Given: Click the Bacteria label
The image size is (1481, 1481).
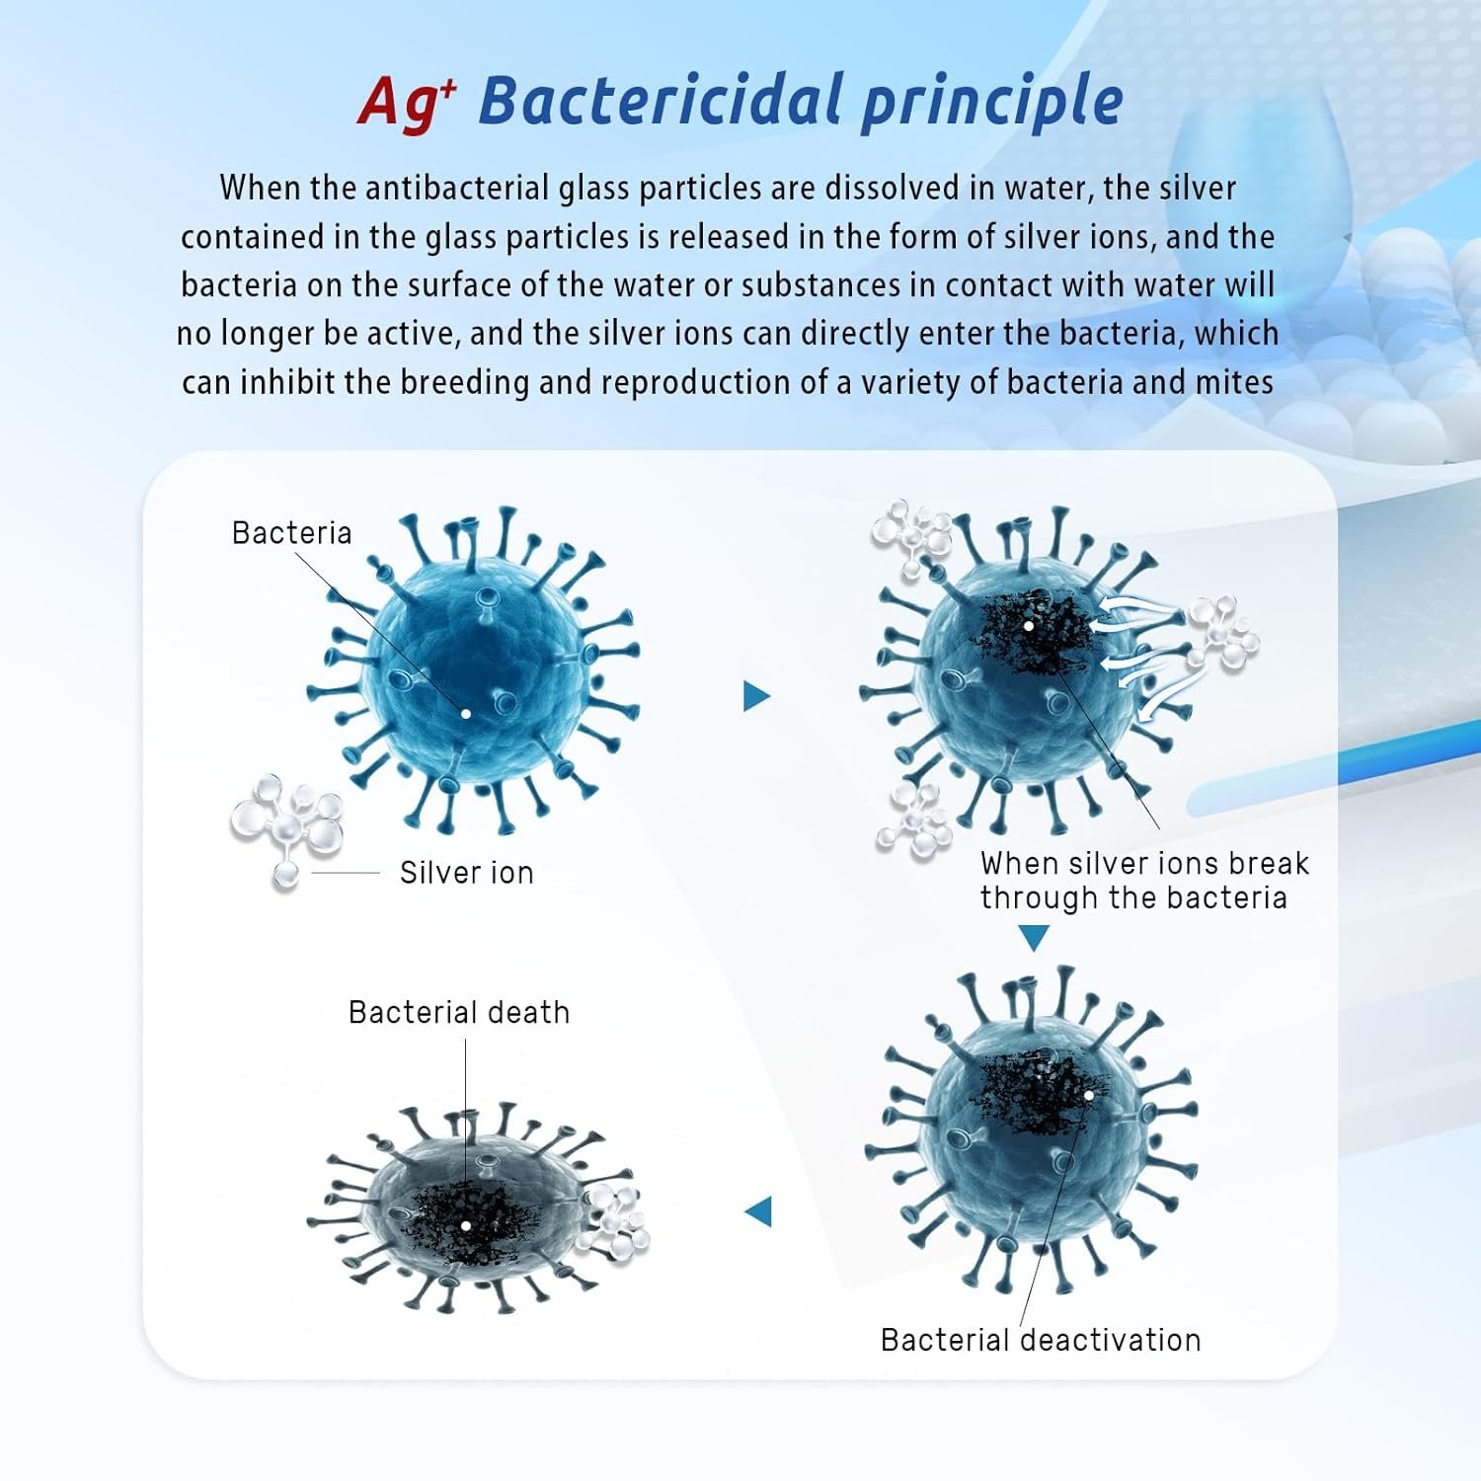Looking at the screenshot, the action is (x=291, y=533).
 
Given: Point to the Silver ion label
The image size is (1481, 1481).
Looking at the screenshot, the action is (x=466, y=873).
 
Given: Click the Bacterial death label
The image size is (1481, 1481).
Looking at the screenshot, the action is (x=459, y=1013).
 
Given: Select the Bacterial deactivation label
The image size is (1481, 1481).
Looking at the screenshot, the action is (x=1041, y=1340).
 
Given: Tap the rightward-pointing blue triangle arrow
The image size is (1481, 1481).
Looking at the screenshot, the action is (x=756, y=696).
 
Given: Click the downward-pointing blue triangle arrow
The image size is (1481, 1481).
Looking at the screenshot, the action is (x=1034, y=938).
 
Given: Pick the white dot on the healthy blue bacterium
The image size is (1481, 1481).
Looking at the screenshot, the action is (x=466, y=713).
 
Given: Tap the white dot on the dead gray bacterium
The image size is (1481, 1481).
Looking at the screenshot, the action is (x=466, y=1225).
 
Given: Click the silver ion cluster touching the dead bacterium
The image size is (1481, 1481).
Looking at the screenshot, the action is (x=614, y=1225).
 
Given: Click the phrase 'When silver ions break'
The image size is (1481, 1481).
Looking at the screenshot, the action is (x=1144, y=864).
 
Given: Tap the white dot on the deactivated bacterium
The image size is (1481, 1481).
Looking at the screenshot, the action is (x=1089, y=1095).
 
